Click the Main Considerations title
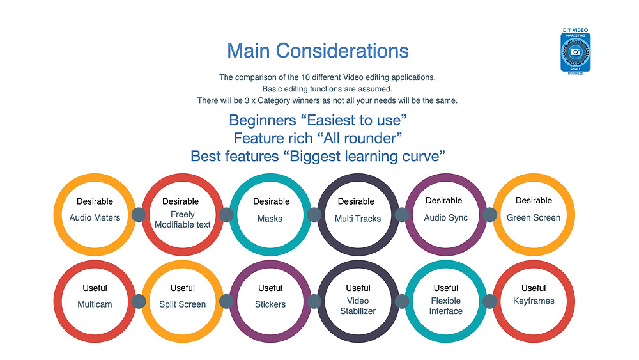pos(318,51)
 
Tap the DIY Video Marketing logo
pos(576,51)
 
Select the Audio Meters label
pos(95,217)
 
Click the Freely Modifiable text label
pos(183,219)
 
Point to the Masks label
pos(270,219)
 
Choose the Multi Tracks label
pos(358,219)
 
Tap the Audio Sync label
pos(446,217)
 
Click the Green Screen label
pos(534,217)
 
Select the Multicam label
pos(95,304)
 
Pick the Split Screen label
pos(183,304)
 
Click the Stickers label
pos(270,304)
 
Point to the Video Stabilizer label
pos(358,306)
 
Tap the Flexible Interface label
pos(446,306)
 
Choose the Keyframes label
pos(534,301)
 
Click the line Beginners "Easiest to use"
pos(318,120)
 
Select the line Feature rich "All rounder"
pos(318,138)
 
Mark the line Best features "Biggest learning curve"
pos(318,156)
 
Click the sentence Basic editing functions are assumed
pos(327,89)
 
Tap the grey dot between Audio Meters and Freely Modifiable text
pos(139,214)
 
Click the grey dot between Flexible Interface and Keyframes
pos(489,301)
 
